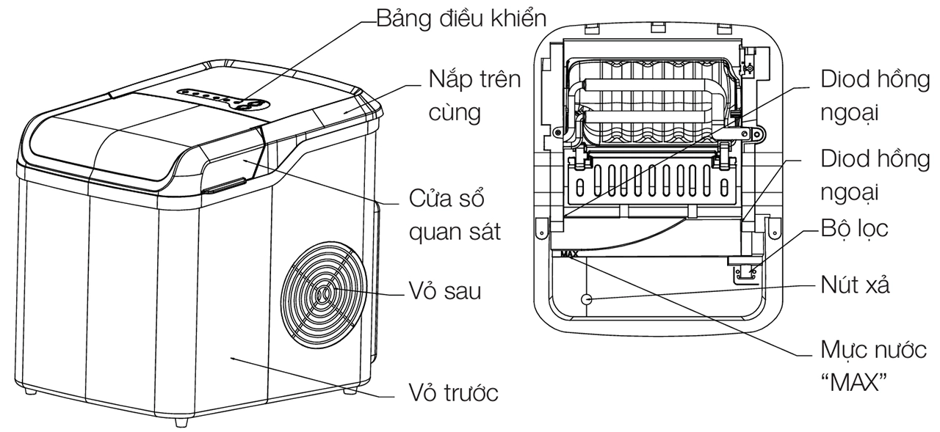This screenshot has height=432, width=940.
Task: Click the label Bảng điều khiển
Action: tap(463, 18)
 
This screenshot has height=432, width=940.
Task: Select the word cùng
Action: tap(456, 112)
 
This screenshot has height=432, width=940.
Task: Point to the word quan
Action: tap(433, 232)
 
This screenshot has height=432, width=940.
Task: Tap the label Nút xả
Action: tap(856, 285)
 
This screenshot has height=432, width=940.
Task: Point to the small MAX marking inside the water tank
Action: tap(569, 256)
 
